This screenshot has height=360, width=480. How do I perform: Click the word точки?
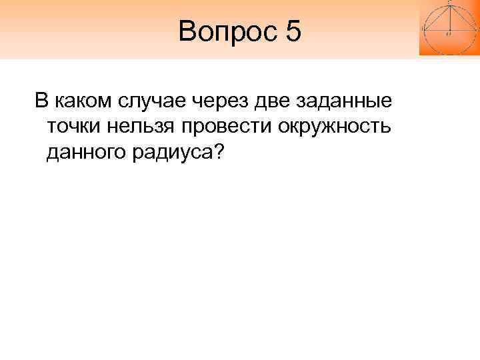(x=75, y=127)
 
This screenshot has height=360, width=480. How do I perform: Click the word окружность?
(x=337, y=127)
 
